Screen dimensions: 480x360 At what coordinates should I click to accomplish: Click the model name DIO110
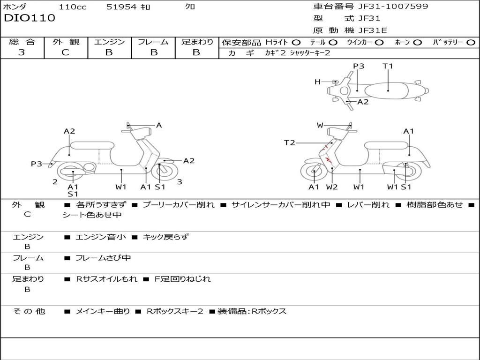30,18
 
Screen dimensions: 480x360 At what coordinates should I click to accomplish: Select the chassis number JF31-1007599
386,7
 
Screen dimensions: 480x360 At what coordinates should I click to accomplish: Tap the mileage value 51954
121,7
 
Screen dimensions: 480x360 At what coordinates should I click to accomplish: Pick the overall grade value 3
22,52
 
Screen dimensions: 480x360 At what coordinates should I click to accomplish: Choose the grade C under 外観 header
66,52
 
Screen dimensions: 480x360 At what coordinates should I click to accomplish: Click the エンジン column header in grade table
109,42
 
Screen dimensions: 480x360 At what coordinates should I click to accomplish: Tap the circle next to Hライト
296,42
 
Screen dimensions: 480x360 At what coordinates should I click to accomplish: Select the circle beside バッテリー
471,42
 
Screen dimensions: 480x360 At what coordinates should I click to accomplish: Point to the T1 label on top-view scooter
388,66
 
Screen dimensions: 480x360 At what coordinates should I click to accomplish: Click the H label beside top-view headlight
317,82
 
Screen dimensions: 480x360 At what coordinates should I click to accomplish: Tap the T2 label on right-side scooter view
290,143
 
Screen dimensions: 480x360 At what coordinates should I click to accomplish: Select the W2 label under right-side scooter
332,187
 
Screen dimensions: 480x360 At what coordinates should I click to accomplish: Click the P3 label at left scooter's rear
37,164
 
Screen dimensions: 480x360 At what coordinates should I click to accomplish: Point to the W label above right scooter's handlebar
320,125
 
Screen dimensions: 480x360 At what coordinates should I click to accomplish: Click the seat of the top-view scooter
388,90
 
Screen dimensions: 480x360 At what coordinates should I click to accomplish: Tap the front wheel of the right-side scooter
313,172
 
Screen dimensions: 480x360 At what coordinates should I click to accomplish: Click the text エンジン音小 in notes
101,237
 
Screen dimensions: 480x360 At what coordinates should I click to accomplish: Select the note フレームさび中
103,258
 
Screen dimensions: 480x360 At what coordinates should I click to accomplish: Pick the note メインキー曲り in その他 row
103,311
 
